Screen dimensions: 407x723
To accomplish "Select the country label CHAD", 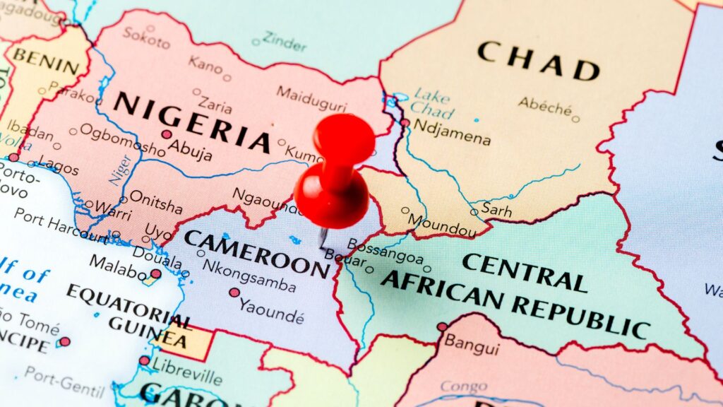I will coord(538,61).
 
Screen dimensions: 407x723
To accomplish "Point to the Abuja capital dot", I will coord(166,134).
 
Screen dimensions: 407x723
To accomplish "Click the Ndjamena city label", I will coord(452,132).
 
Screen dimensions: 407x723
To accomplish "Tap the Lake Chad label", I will coord(431,102).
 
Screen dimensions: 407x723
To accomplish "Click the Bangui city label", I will coord(471,348).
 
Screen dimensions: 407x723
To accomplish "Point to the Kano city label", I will coord(205,64).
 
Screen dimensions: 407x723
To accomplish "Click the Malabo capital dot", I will coord(155,273).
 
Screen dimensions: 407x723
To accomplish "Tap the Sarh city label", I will coord(496,208).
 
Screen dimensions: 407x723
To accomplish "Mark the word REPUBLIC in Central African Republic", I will coord(580,318).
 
